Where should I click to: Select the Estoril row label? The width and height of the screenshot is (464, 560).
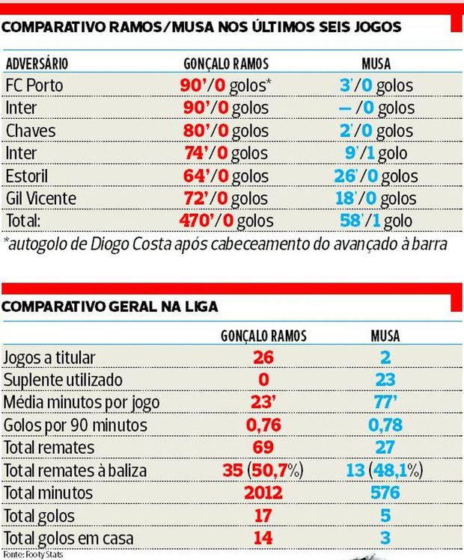30,176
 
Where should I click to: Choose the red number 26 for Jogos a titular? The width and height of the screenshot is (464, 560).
262,357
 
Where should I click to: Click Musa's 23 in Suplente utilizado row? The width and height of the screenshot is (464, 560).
385,380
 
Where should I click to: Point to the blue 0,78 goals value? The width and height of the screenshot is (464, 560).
385,425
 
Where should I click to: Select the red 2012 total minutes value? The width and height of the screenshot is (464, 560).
262,493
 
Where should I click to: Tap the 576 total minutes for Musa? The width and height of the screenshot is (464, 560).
385,493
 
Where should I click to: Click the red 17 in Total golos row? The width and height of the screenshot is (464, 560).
262,515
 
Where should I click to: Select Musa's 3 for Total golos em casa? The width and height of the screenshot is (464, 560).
385,538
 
